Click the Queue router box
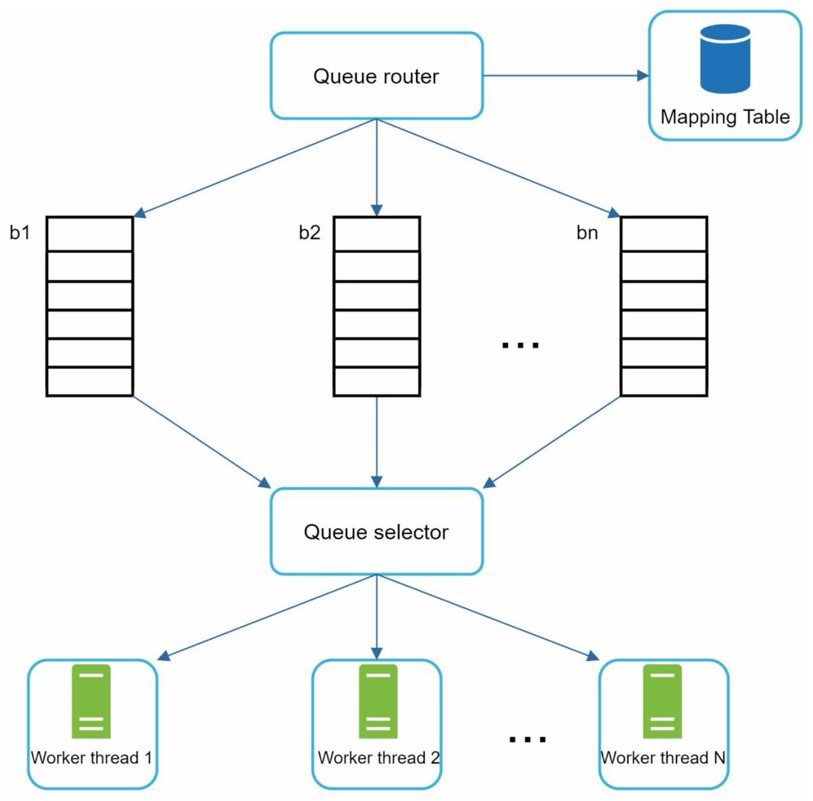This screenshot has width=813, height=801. tap(377, 76)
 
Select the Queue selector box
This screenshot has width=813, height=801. tap(377, 532)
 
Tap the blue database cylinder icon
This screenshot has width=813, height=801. tap(725, 58)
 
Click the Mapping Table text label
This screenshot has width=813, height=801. tap(725, 117)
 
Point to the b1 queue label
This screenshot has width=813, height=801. tap(20, 232)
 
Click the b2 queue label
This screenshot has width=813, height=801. tap(310, 232)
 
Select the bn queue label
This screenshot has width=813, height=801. tap(588, 232)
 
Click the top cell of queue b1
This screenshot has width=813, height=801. tap(90, 234)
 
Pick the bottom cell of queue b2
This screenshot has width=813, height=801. tap(377, 382)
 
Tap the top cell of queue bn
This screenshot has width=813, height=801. tap(664, 234)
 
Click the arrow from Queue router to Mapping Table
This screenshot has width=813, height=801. tap(566, 76)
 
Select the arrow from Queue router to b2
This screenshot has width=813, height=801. tap(377, 168)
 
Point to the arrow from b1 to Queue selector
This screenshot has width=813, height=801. tap(202, 442)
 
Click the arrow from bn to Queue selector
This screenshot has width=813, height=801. tap(551, 442)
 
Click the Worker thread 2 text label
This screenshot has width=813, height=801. tap(379, 758)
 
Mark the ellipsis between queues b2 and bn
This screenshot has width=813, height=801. tap(520, 345)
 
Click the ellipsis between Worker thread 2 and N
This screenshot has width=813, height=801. tap(527, 739)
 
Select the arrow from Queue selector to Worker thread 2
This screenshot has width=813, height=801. tap(377, 617)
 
